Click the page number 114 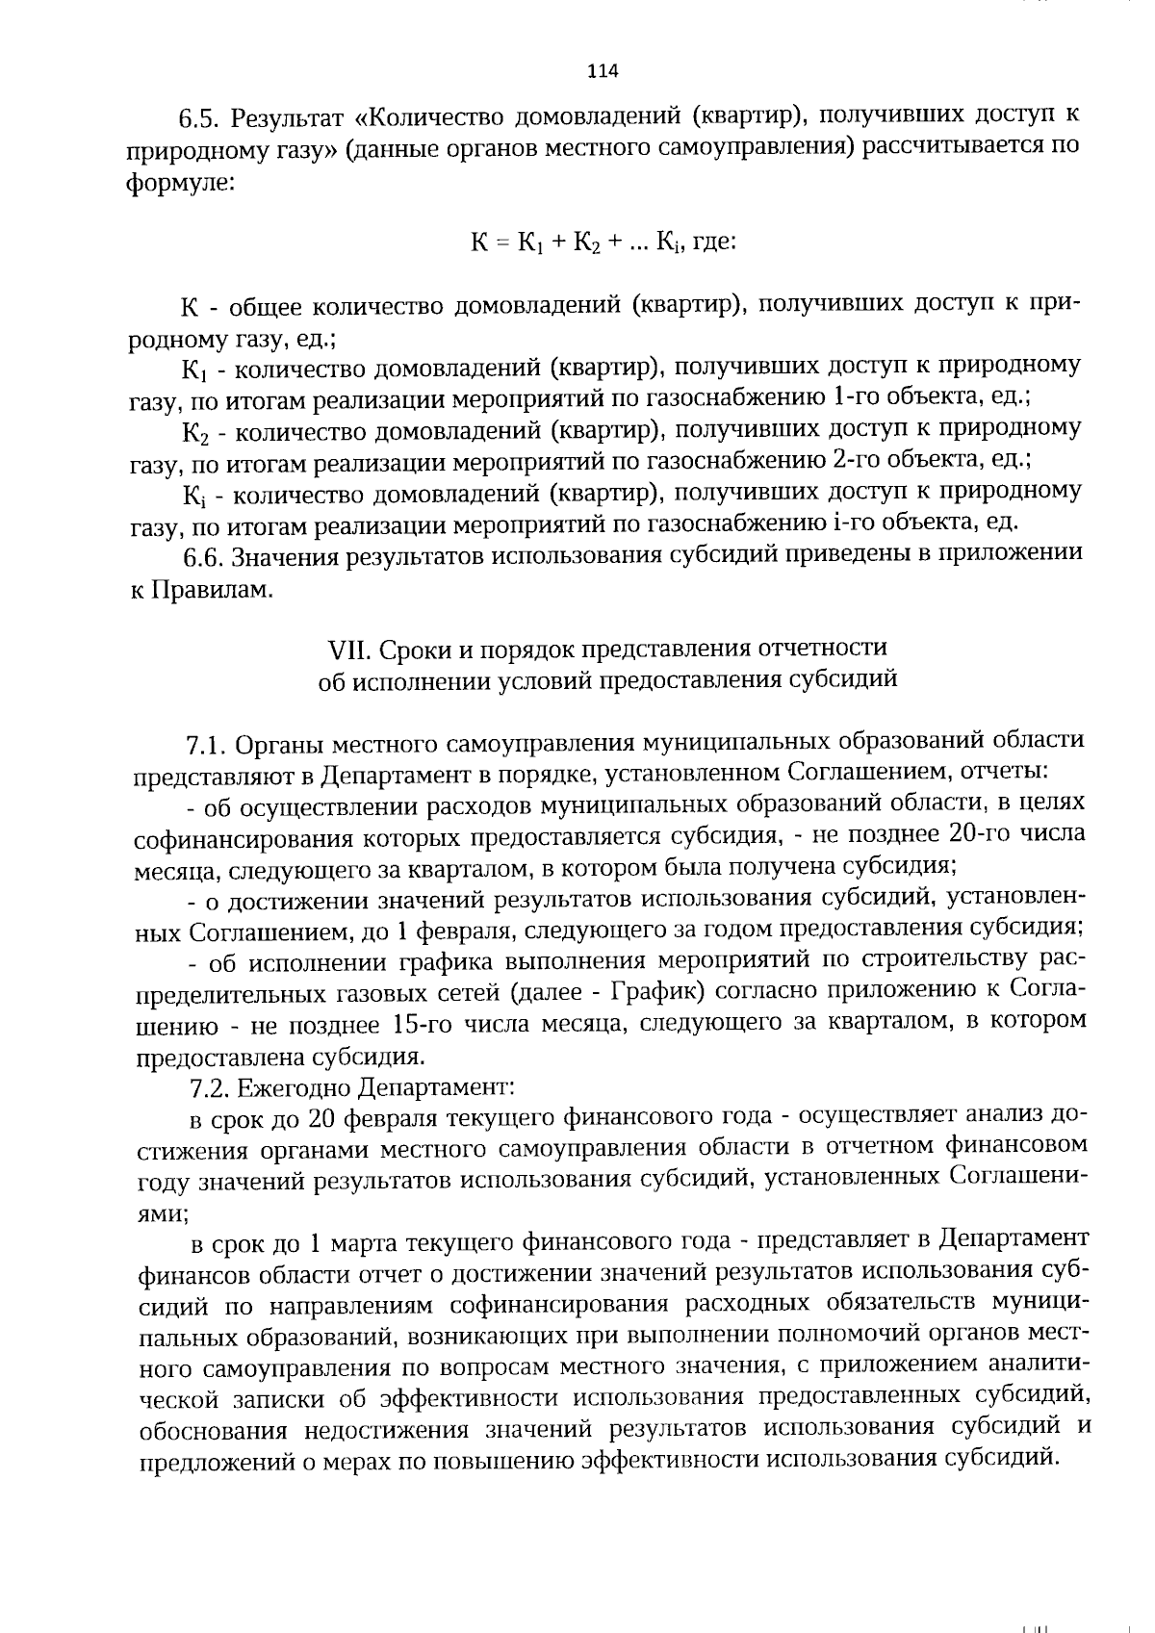[x=602, y=70]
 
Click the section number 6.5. [x=201, y=120]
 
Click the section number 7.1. [x=206, y=744]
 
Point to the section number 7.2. [x=211, y=1087]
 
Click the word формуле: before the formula [x=179, y=182]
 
